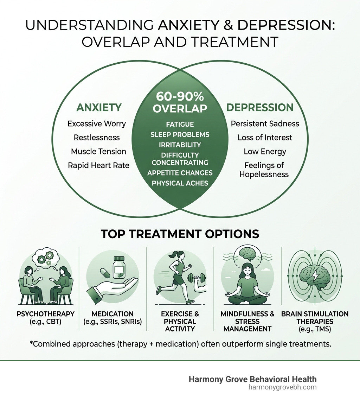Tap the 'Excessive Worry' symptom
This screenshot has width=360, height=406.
[97, 124]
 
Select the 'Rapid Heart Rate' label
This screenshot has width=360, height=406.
[99, 165]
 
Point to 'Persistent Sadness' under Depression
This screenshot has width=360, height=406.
[265, 124]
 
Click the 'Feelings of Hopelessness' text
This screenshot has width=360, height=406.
[264, 170]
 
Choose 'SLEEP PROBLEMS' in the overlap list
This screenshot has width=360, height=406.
[180, 135]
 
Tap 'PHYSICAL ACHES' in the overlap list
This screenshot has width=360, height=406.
[180, 183]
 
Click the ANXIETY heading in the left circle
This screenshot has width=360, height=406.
[99, 108]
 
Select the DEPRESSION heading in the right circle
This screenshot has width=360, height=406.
[260, 108]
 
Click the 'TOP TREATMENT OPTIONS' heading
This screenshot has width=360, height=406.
[180, 234]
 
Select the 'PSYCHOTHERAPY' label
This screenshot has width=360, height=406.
[46, 314]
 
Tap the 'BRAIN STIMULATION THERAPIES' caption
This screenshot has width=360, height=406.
[315, 318]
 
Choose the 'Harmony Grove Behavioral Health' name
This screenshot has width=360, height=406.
[252, 379]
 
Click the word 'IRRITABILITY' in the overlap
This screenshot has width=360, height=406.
[180, 145]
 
